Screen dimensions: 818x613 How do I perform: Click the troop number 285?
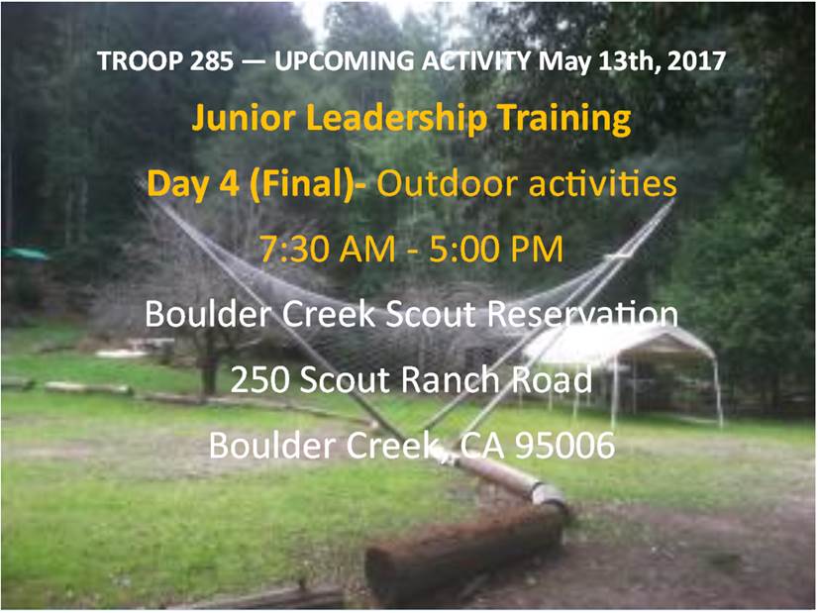click(x=211, y=61)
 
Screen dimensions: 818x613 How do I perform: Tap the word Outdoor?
click(x=447, y=183)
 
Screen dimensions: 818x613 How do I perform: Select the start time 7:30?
click(x=295, y=249)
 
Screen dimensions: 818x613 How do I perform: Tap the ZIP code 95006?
click(x=565, y=446)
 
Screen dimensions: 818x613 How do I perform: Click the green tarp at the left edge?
click(x=25, y=255)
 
